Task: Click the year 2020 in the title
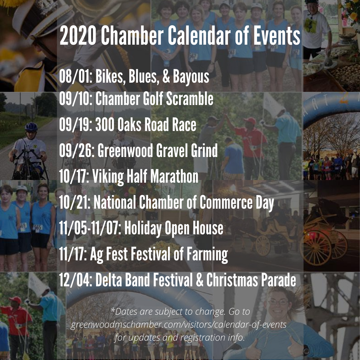point(78,35)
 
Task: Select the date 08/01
point(76,76)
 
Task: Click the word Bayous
point(191,77)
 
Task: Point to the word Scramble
point(190,98)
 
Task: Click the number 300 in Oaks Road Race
point(104,125)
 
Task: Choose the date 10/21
point(75,202)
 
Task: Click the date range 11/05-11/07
point(90,228)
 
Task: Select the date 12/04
point(76,280)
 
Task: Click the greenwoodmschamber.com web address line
point(179,325)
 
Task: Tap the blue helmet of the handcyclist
point(31,127)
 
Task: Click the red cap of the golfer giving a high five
point(250,121)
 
